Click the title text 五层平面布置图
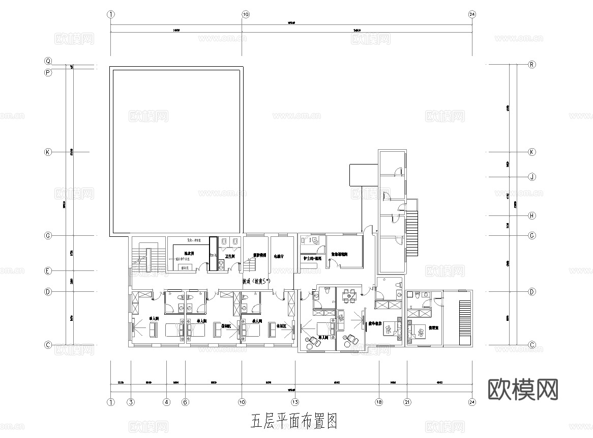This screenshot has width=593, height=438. pos(294,421)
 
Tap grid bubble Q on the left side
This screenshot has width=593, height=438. pos(48,61)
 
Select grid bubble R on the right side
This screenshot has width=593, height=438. pos(532,65)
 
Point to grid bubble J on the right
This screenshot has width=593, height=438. pos(532,177)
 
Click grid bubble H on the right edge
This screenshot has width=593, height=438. pos(532,215)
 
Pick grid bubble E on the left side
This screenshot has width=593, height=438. pos(48,271)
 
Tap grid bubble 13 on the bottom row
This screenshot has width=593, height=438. pos(295,401)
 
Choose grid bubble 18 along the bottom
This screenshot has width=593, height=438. pos(379,401)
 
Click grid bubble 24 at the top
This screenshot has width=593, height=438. pos(472,14)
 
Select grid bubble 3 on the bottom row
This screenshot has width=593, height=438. pos(131,401)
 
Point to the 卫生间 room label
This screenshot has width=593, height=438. pos(229,256)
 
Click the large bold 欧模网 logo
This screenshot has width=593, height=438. pos(523,389)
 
